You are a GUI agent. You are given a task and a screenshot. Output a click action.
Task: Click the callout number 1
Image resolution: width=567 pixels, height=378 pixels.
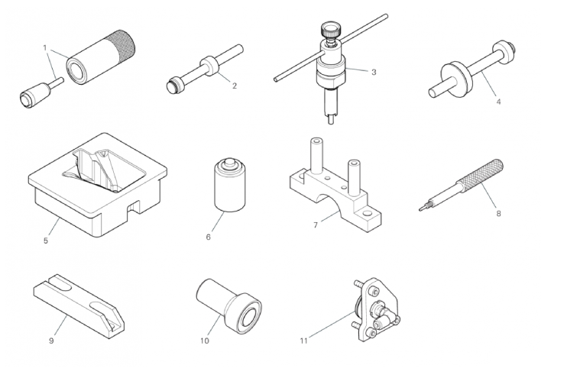click(45, 47)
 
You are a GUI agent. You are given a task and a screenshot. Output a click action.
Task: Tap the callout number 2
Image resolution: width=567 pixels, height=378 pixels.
click(235, 86)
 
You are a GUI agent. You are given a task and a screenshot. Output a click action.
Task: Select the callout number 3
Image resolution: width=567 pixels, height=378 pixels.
click(374, 72)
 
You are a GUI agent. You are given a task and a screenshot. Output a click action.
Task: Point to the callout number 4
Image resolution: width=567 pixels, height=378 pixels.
click(498, 102)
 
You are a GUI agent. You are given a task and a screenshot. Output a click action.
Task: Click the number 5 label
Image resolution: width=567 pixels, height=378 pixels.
click(46, 241)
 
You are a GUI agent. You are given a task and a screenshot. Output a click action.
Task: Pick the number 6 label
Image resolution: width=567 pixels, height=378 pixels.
click(209, 237)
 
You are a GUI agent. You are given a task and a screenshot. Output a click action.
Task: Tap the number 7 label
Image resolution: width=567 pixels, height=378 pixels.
click(316, 225)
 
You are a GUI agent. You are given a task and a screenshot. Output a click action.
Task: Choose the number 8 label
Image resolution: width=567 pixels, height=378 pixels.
click(498, 214)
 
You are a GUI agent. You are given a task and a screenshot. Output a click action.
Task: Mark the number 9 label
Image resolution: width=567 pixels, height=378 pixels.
click(51, 341)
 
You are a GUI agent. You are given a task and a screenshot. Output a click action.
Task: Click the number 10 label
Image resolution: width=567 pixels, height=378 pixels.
click(205, 341)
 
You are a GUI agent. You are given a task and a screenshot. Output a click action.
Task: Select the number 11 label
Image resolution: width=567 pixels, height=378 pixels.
click(304, 341)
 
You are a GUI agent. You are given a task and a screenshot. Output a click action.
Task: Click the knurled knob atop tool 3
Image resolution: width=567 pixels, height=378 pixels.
click(330, 30)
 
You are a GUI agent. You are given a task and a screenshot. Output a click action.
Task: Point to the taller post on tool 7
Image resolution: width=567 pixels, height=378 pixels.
click(316, 155)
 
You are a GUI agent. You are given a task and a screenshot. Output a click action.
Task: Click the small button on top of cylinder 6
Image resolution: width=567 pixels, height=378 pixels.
click(229, 163)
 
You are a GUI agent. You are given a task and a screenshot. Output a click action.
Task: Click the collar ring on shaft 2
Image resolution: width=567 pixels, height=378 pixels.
click(210, 66)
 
